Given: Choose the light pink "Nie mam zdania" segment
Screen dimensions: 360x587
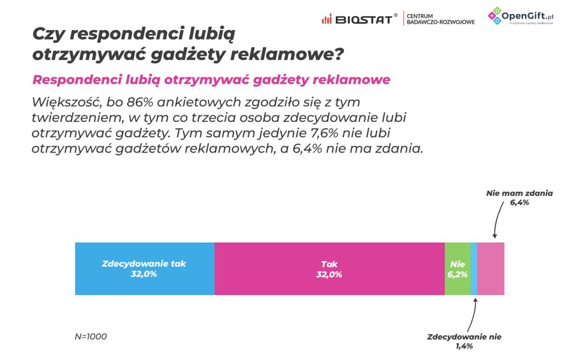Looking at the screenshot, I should tap(491, 268).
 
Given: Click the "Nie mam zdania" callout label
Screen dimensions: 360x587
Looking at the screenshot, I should tap(519, 191).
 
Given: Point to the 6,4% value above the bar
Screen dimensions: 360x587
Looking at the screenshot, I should tap(519, 202).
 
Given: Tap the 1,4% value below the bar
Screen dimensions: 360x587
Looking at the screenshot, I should tap(464, 347).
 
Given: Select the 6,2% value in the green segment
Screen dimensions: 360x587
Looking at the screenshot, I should tap(457, 274).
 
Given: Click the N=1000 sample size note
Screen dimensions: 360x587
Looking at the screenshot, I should tap(91, 336).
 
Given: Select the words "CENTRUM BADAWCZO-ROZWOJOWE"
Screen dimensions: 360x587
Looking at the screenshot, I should tap(440, 19).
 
